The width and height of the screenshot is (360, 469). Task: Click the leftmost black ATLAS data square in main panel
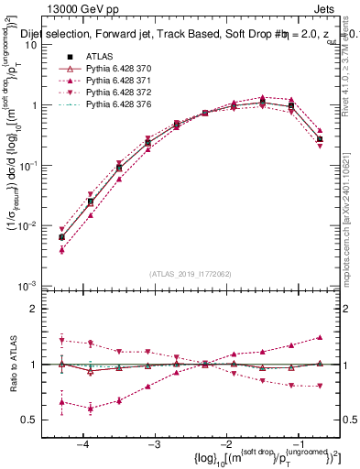[61, 237]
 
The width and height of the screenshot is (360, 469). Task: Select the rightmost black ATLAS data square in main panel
[319, 139]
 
